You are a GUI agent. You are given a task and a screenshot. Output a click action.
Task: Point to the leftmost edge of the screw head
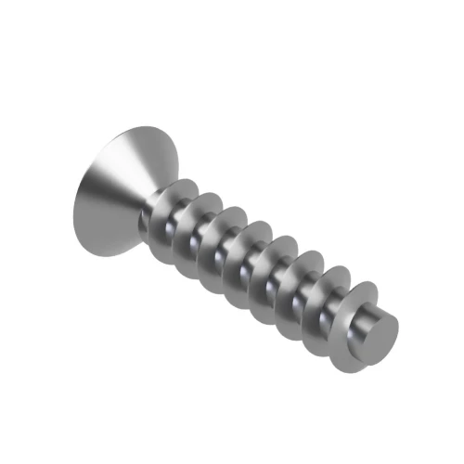tap(76, 200)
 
